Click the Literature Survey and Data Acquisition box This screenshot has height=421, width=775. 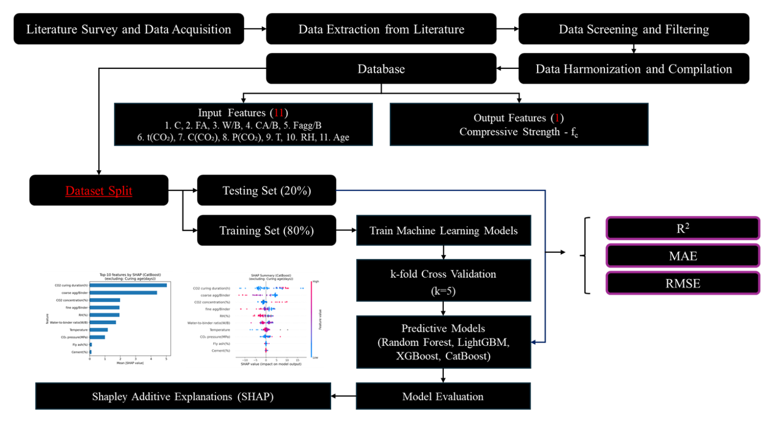(x=129, y=29)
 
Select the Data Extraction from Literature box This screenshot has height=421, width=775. (x=381, y=29)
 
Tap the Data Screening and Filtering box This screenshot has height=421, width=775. (x=633, y=29)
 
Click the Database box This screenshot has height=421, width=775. (x=381, y=69)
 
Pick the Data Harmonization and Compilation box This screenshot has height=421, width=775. (x=633, y=69)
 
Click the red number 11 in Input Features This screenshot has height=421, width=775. (x=279, y=113)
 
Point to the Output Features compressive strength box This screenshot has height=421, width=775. (x=519, y=125)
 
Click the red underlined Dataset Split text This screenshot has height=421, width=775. (x=99, y=191)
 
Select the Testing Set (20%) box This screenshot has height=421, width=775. (x=266, y=191)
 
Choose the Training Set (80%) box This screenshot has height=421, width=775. (x=266, y=230)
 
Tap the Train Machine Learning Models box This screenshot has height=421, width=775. (x=443, y=230)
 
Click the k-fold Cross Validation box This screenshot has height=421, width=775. (x=443, y=282)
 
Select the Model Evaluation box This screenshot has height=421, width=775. (x=443, y=397)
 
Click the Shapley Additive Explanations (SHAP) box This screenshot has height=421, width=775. (x=183, y=397)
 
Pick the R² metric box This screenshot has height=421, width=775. (x=683, y=228)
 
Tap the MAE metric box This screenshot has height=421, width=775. (x=683, y=256)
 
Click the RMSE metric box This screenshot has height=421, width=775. (x=683, y=283)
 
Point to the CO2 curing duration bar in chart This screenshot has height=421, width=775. (x=128, y=285)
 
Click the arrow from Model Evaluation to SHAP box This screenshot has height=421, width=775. (x=344, y=397)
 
